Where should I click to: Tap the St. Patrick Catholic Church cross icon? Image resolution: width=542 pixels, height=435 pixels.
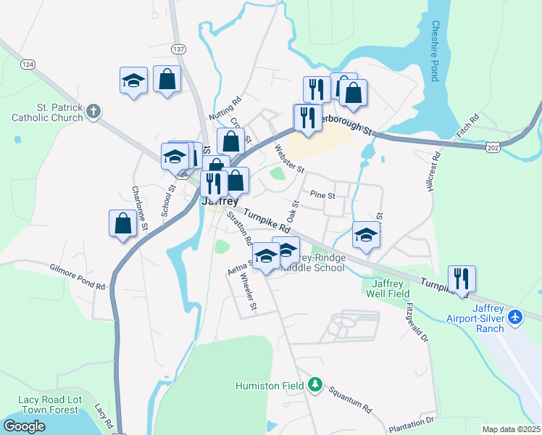pos(93,111)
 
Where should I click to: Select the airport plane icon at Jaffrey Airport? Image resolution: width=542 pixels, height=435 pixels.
pos(515,317)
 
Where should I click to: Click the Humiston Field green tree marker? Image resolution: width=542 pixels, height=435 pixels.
pos(314,384)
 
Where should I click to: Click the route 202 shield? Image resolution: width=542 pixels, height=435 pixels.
pos(493,147)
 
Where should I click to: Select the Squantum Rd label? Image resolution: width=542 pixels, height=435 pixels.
pos(349,397)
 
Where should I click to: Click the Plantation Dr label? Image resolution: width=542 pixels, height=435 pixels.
pos(409,421)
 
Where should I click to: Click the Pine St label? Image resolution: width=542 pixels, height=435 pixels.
pos(322,195)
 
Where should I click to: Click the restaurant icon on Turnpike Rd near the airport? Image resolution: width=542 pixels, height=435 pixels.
pos(461,279)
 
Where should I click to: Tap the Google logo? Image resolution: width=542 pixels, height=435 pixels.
pos(24,426)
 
